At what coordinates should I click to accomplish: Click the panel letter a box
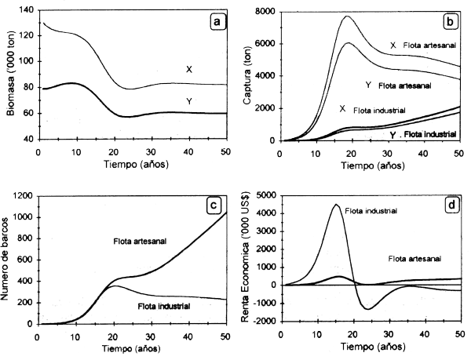pyautogui.click(x=216, y=21)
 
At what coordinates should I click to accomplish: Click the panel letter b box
pyautogui.click(x=452, y=21)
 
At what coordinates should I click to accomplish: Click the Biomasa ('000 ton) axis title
pyautogui.click(x=9, y=75)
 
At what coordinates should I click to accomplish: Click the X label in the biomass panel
pyautogui.click(x=189, y=70)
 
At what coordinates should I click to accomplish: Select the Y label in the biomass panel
pyautogui.click(x=189, y=101)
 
